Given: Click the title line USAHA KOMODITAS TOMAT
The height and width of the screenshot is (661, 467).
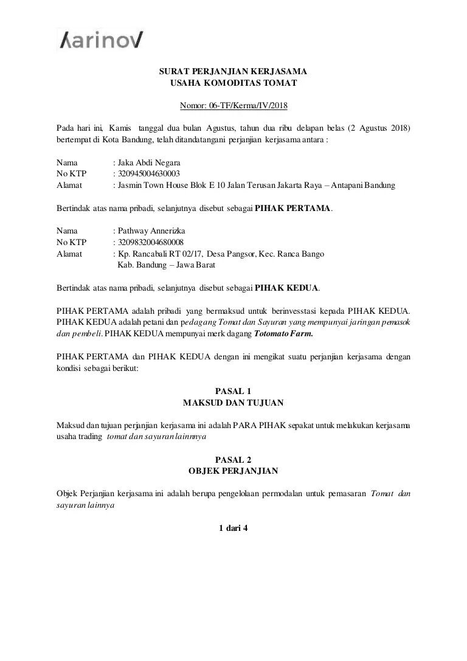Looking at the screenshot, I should (x=233, y=83).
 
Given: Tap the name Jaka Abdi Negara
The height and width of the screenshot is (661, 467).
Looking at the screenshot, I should (x=149, y=163).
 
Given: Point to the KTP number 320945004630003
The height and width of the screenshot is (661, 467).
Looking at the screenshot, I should (x=149, y=174).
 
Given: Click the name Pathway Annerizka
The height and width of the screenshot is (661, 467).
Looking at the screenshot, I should (x=151, y=231).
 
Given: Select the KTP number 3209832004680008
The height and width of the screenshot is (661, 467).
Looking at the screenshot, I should (x=151, y=242).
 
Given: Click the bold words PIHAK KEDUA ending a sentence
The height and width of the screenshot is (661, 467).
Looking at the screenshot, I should (x=286, y=288).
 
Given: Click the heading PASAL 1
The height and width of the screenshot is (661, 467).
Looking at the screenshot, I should (x=233, y=391).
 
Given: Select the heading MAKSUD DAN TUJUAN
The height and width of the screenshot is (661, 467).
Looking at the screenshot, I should (x=233, y=403).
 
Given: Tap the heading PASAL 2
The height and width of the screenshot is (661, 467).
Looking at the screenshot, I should (x=233, y=460).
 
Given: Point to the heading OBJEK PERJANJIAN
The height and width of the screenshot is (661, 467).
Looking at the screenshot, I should (x=233, y=471).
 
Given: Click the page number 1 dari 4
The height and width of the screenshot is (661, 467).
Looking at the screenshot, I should (x=233, y=528).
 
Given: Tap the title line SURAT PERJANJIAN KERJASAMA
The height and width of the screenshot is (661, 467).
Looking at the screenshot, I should (x=233, y=72).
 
